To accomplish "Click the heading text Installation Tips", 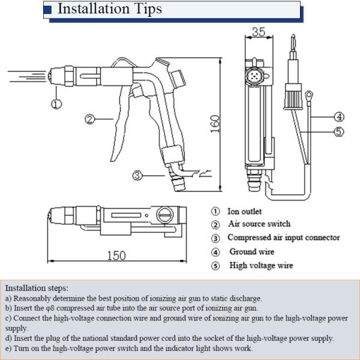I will [109, 10].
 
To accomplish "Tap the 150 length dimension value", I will [116, 256].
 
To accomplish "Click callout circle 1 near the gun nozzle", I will [56, 104].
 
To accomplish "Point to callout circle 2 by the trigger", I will [89, 119].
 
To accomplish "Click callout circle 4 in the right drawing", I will [339, 116].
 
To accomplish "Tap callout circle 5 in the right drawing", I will [339, 132].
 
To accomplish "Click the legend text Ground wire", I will [251, 251].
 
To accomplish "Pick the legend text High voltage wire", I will [261, 265].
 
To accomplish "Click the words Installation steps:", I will [37, 288].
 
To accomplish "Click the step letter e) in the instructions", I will [8, 348].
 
